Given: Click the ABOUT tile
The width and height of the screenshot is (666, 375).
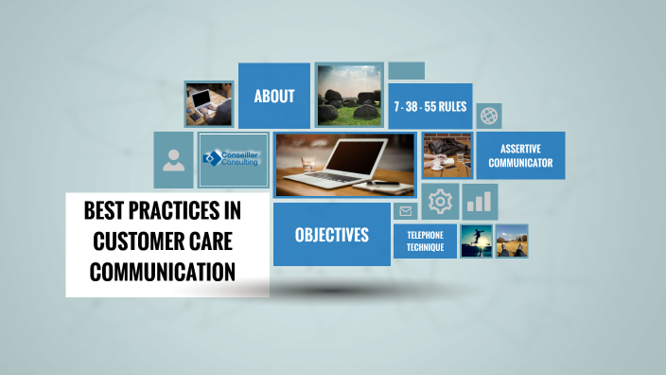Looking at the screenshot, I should point(274,96).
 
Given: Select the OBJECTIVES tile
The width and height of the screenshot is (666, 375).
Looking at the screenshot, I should point(331,235).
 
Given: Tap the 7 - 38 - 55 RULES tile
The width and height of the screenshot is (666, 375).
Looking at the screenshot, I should point(430,107).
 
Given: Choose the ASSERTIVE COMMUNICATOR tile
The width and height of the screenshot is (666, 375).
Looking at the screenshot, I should point(520,155).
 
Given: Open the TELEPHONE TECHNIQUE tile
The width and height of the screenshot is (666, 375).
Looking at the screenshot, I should point(425,241).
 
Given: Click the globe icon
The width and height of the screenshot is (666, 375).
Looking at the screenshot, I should point(489,116).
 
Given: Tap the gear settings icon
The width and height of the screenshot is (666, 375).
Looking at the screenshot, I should point(440,201).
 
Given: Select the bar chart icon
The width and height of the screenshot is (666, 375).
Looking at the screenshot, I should point(481,201).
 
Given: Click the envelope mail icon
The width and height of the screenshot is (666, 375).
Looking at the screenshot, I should point(406,211).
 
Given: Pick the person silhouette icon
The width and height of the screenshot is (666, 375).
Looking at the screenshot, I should point(173,160).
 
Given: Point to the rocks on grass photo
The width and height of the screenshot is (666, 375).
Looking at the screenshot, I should point(349,96).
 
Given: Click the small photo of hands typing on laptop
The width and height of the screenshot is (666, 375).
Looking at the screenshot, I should point(208,103).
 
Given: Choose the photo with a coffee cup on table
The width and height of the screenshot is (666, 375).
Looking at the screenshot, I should point(447,155).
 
